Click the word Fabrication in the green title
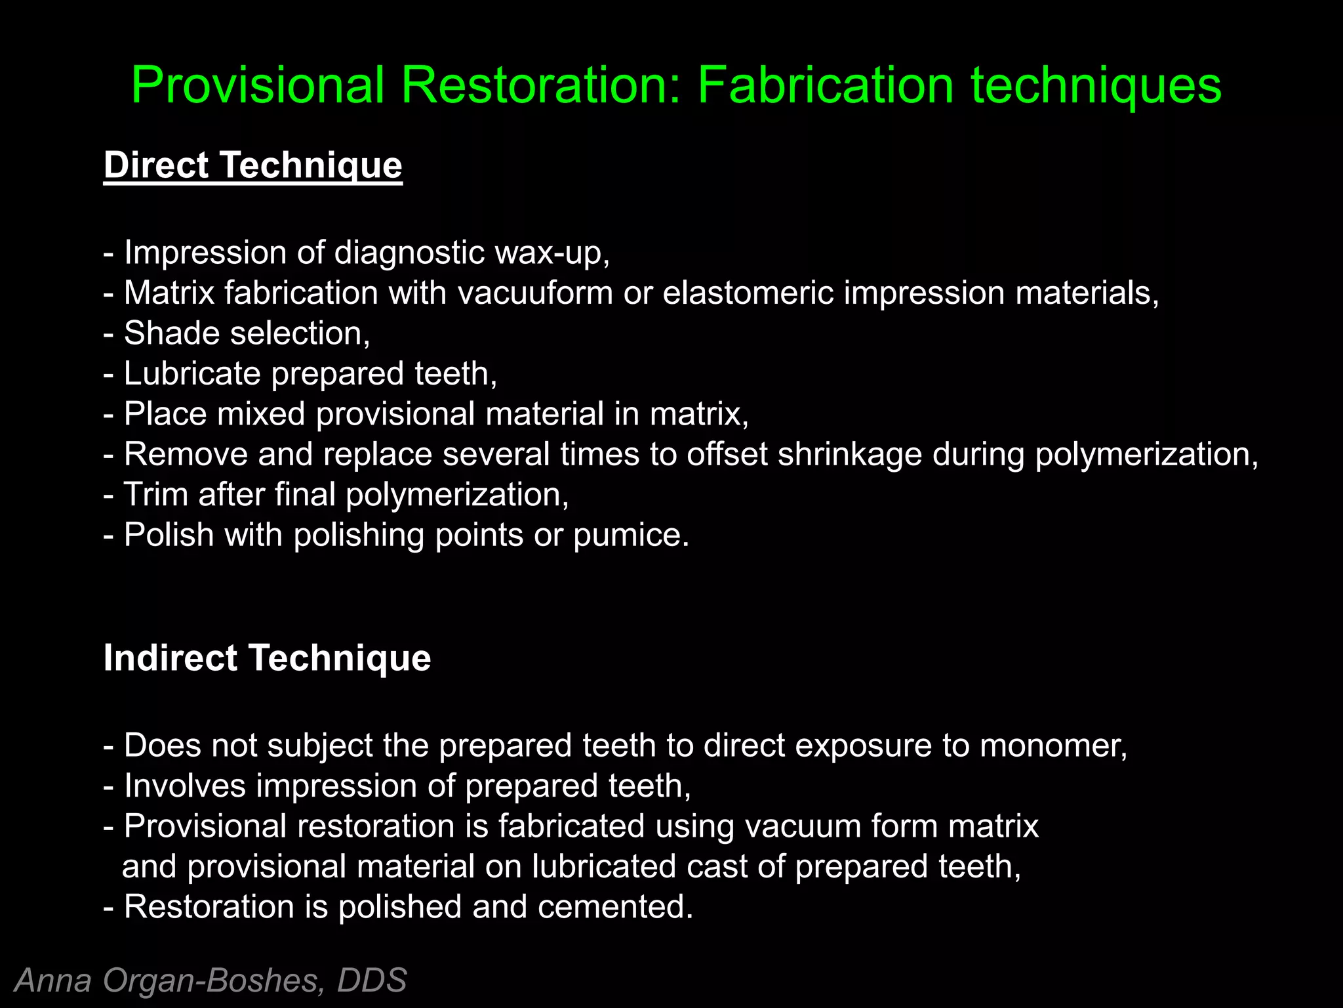point(825,85)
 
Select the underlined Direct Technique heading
point(252,165)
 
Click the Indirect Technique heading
point(267,658)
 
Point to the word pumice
point(631,535)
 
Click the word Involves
point(185,786)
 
